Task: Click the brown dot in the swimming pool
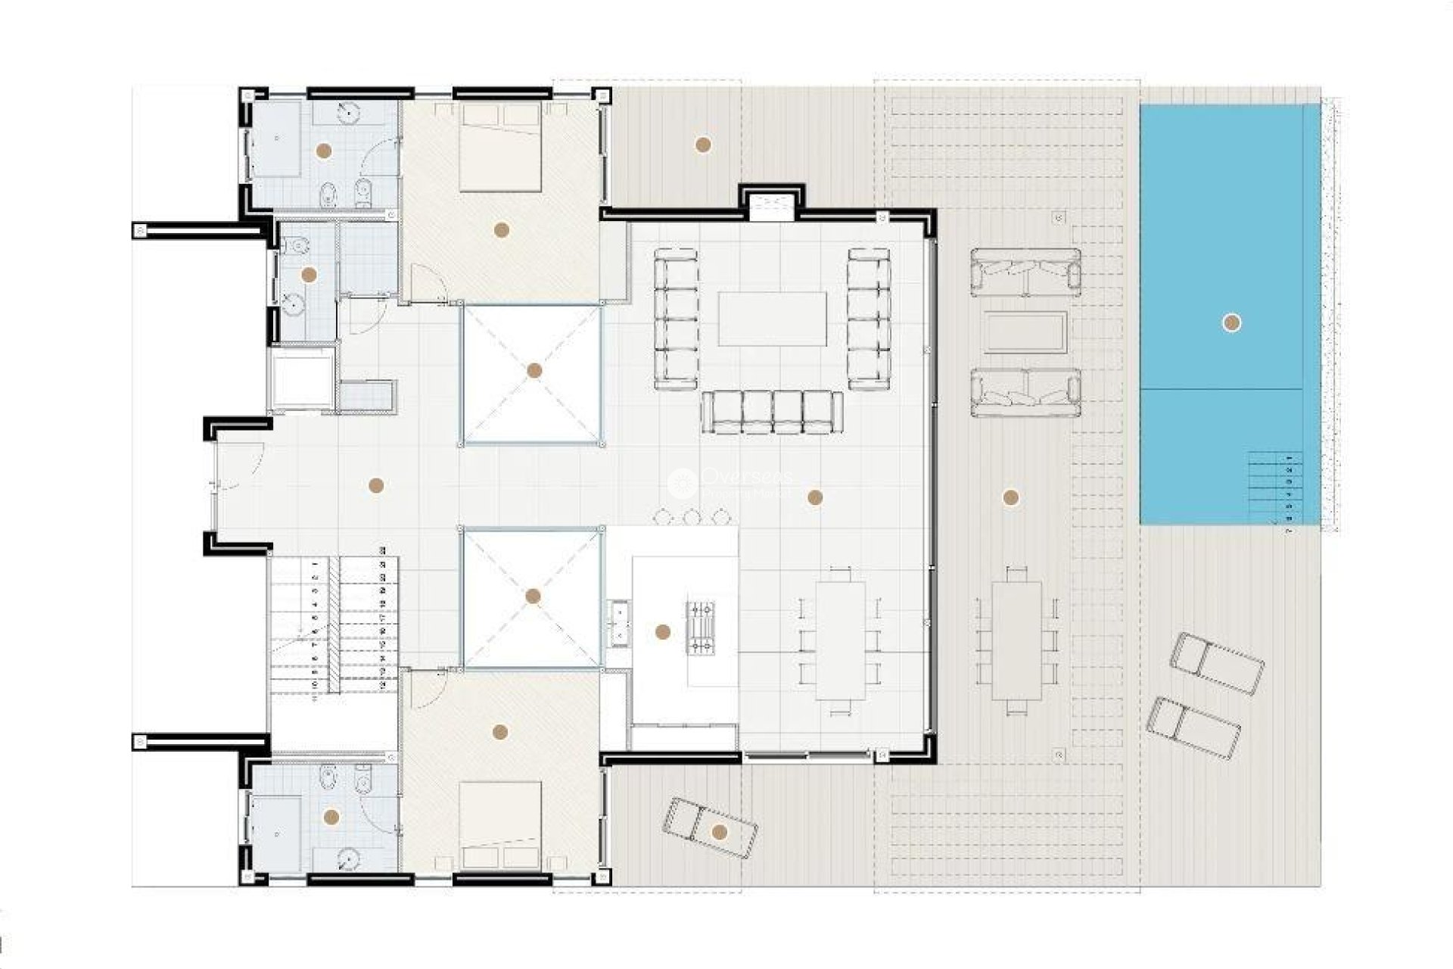point(1231,323)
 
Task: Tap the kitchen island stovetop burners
point(700,627)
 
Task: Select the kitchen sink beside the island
point(620,624)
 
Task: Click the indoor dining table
point(840,640)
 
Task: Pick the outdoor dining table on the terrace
point(1016,640)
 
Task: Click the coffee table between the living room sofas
point(772,319)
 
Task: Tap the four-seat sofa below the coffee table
point(772,413)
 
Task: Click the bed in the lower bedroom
point(500,825)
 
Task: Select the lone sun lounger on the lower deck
point(709,829)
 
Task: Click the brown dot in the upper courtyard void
point(534,370)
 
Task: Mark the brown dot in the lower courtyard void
point(533,597)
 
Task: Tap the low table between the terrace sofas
point(1025,332)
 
